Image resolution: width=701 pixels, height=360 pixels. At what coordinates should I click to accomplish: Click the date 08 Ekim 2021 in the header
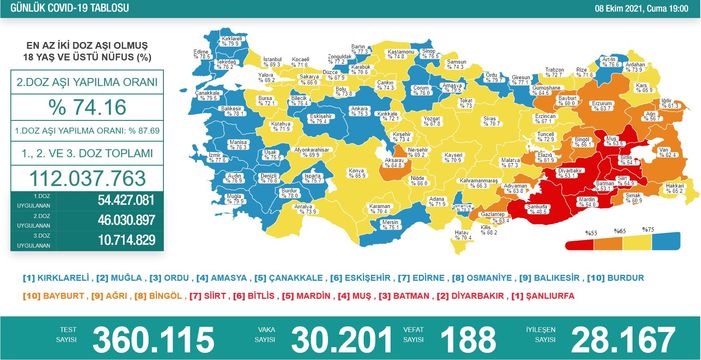pos(620,6)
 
